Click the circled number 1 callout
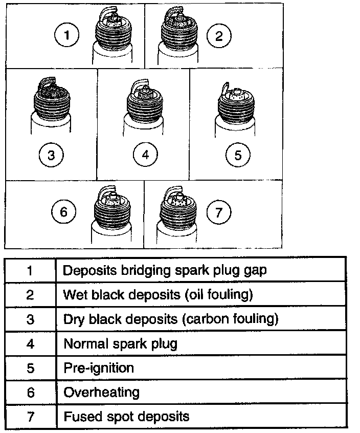point(66,35)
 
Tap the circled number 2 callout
point(219,36)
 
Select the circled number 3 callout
point(51,155)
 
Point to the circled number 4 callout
point(145,155)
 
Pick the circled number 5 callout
point(238,155)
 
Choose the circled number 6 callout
point(63,212)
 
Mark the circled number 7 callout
point(219,212)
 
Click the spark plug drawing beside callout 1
point(112,35)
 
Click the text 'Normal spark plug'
point(120,344)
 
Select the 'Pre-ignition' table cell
point(201,368)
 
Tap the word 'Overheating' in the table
point(102,392)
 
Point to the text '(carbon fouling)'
point(230,319)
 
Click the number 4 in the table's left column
point(30,344)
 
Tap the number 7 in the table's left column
point(31,417)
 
